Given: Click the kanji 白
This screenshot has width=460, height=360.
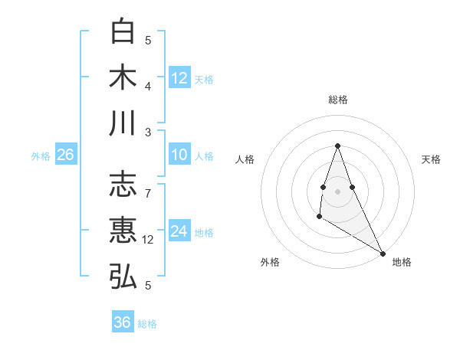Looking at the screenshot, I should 123,32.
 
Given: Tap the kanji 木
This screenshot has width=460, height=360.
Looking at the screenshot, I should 123,77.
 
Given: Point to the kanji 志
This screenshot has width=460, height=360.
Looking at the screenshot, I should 123,185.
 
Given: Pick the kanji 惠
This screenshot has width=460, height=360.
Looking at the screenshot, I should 123,231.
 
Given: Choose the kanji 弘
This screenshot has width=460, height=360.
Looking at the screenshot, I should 123,276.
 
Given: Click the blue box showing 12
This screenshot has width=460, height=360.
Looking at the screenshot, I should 179,77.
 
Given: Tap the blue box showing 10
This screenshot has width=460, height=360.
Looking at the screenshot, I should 179,155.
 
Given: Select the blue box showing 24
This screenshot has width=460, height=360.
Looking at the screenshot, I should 179,231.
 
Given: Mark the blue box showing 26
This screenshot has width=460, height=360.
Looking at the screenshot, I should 65,155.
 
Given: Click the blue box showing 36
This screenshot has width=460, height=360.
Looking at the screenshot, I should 123,322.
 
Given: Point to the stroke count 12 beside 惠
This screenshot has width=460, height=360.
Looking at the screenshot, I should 149,240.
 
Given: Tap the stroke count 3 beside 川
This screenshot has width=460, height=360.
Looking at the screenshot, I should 149,132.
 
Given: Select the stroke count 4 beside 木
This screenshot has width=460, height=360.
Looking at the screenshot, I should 149,86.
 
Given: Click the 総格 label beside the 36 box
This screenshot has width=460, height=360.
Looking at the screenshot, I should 147,324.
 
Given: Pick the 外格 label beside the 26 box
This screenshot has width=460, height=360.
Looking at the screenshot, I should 41,156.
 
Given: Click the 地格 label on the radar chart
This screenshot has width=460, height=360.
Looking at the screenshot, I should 402,262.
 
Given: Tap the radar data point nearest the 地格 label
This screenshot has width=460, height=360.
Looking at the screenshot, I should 383,254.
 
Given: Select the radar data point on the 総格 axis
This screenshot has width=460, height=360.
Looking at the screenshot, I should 337,146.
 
